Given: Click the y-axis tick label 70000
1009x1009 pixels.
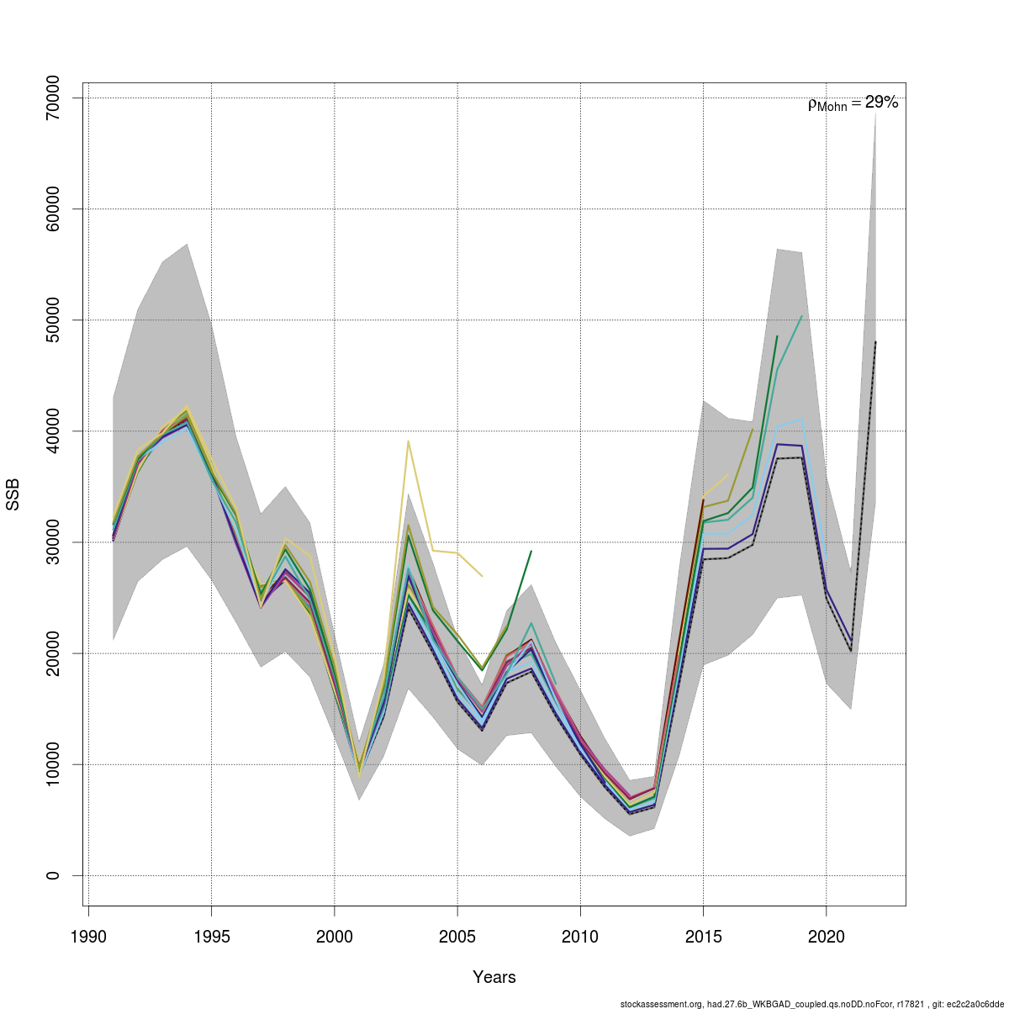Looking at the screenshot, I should [53, 98].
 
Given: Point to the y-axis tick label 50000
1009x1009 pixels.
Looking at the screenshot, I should [53, 320].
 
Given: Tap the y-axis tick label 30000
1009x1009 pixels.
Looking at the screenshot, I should [53, 542].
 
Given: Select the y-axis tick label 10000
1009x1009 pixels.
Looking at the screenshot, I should [53, 764].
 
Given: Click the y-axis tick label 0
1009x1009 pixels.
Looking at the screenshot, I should [53, 875].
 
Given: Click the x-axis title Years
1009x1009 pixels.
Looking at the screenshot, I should [494, 977].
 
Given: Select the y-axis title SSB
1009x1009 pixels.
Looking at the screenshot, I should [13, 495].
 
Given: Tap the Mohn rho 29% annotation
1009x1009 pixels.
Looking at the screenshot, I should [853, 103].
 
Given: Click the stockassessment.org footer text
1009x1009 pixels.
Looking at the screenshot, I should [811, 1004].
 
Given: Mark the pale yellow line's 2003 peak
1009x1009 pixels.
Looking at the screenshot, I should [409, 441].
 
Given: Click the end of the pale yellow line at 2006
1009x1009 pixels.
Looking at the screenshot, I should [482, 577].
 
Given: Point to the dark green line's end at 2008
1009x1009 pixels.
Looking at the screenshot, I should [531, 551].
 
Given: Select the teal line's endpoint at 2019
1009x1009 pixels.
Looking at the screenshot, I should [801, 316].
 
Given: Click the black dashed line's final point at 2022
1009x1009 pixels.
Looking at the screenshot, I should [875, 342].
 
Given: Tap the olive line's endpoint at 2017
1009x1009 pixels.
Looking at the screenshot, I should [753, 430].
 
